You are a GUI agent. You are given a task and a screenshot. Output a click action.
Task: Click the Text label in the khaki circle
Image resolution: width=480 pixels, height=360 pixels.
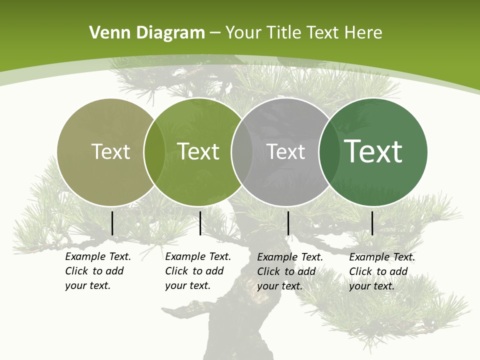[x=110, y=151]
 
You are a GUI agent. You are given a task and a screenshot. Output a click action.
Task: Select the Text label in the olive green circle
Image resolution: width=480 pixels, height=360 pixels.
[x=198, y=151]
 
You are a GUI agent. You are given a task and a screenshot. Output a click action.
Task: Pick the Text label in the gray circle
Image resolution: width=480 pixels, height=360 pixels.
[x=285, y=151]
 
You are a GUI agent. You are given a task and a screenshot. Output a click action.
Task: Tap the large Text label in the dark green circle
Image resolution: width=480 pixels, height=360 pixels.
[x=373, y=151]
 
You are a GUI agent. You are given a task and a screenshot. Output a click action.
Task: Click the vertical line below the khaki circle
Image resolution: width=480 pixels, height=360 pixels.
[x=112, y=223]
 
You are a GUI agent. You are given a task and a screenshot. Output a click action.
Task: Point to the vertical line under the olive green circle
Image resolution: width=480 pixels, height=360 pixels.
[x=200, y=223]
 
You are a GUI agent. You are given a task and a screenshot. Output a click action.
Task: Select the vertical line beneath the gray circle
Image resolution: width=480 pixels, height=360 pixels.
[x=288, y=223]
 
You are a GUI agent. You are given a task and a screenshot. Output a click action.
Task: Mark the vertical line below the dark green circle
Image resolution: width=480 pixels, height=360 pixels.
[x=372, y=223]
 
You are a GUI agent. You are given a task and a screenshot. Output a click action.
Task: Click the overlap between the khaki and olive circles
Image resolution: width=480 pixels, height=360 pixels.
[x=154, y=151]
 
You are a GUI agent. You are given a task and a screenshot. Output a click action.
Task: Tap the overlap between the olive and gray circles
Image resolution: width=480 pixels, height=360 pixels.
[x=242, y=151]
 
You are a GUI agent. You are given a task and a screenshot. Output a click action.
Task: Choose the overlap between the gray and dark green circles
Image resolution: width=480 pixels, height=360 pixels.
[x=329, y=151]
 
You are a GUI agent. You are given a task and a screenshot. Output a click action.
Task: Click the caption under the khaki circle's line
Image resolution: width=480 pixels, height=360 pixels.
[x=97, y=271]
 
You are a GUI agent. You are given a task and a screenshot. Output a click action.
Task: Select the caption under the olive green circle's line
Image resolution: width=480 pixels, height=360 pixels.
[x=197, y=271]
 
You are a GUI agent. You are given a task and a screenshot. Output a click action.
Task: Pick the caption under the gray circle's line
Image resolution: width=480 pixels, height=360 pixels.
[x=289, y=271]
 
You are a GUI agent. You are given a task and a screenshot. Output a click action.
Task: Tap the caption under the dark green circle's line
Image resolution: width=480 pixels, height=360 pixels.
[x=381, y=271]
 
